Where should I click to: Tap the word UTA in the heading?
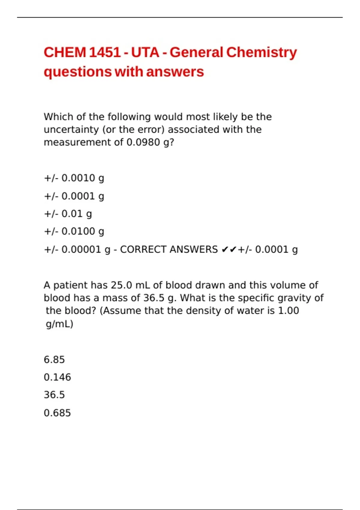tap(145, 52)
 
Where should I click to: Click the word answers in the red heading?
tap(175, 72)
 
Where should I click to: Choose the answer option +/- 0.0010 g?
tap(74, 178)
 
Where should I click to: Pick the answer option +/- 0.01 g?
tap(68, 214)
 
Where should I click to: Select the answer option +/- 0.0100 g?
tap(74, 231)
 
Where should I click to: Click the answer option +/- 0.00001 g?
tap(77, 250)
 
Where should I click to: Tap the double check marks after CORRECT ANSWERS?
tap(229, 250)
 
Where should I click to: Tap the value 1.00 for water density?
tap(288, 310)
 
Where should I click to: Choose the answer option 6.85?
tap(54, 360)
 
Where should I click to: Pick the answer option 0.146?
tap(57, 377)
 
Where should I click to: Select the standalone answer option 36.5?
tap(54, 395)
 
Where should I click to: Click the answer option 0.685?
tap(57, 413)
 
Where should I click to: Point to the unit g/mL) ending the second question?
tap(59, 324)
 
